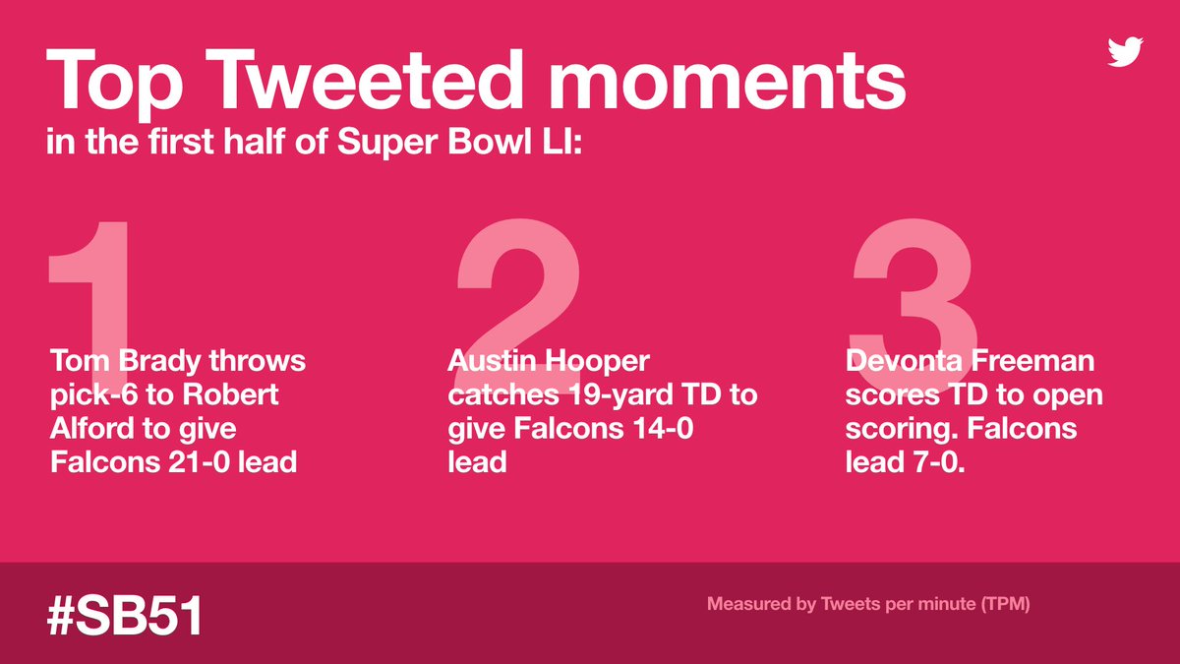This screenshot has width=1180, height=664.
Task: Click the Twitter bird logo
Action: coord(1125,51)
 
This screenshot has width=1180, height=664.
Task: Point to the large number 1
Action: coord(93,285)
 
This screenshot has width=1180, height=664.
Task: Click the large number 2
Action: coord(516,285)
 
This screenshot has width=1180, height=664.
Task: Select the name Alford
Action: coord(93,428)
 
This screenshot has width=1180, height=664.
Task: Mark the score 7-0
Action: coord(938,461)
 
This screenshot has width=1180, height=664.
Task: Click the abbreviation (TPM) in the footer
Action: coord(1003,604)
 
